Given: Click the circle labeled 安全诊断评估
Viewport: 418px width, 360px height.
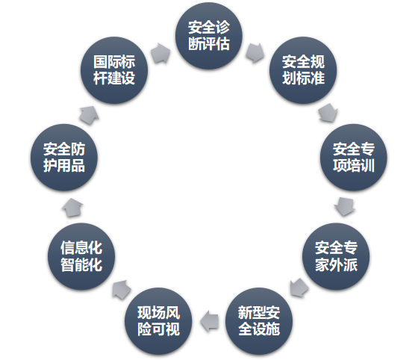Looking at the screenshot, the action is (209, 36).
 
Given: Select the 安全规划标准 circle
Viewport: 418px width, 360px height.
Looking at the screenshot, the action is (303, 70).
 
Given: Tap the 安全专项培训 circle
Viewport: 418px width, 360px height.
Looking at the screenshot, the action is (354, 158).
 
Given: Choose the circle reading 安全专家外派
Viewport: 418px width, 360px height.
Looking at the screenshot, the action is (336, 256).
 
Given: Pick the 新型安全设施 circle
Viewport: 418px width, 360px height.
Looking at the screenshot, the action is (259, 321).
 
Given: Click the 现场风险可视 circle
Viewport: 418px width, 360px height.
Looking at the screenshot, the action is (158, 321).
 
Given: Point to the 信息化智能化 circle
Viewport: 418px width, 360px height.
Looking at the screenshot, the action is (81, 256).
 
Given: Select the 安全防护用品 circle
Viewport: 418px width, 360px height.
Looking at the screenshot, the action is (64, 158).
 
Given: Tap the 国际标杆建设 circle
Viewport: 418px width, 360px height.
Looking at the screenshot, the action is (114, 70).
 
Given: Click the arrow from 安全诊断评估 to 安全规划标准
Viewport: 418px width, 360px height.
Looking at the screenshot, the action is (255, 52).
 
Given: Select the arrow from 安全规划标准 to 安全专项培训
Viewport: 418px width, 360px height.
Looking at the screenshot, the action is (328, 113).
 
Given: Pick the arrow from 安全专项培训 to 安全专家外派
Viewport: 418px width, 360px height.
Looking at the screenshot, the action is (344, 206).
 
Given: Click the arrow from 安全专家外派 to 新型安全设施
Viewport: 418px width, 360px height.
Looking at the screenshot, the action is (299, 288).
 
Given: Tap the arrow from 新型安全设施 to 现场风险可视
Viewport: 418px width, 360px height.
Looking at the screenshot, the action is (209, 321).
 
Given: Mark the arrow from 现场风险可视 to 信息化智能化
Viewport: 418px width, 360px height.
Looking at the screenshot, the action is (121, 290).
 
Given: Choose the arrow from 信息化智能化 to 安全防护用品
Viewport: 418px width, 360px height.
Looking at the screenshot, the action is (72, 208).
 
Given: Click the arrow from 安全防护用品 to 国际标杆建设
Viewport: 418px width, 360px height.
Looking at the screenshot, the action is (90, 115).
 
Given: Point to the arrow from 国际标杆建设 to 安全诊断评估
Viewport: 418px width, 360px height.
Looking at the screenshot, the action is (160, 53).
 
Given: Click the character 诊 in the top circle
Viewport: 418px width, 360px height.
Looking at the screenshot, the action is (222, 27).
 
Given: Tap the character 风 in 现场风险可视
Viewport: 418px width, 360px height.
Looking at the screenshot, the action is (172, 312).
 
